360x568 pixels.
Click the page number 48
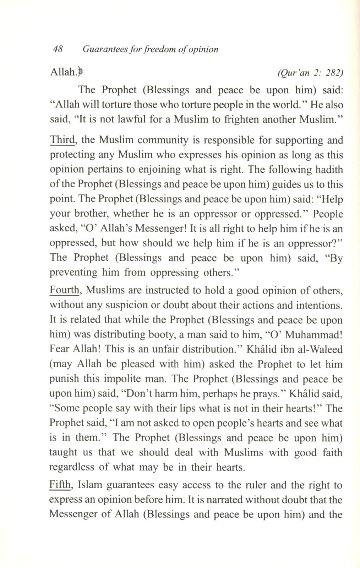click(58, 49)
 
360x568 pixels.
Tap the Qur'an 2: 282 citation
click(310, 73)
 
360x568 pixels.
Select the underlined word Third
click(62, 140)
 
